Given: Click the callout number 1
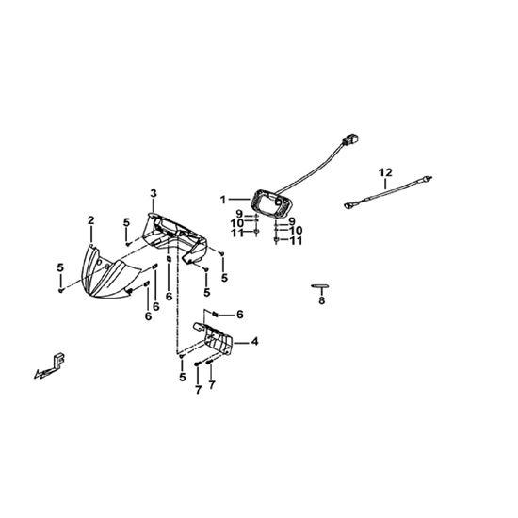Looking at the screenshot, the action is point(223,200).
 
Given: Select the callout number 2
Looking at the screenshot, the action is point(90,220).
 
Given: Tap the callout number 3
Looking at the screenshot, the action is point(154,194).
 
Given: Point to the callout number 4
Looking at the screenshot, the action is point(254,342).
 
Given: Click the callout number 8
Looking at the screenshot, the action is point(322,300).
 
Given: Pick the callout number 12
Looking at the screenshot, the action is point(385,172).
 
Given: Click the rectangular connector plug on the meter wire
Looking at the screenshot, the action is point(351,139).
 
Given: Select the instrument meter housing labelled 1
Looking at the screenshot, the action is point(268,203).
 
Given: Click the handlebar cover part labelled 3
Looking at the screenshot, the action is point(175,238).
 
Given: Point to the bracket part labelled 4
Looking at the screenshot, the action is point(217,339).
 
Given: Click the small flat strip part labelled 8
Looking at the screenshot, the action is point(320,285).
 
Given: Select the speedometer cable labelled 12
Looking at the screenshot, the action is point(388,191).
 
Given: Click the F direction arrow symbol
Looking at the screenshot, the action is point(51,366).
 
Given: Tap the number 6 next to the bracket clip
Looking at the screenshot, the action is point(240,315).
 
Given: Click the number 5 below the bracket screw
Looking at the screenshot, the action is point(183,377).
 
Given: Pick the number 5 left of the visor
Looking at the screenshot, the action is point(60,267).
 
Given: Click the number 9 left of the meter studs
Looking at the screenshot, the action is point(239,214).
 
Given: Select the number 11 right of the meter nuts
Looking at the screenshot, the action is point(296,240).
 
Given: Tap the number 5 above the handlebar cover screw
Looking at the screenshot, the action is point(126,222).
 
